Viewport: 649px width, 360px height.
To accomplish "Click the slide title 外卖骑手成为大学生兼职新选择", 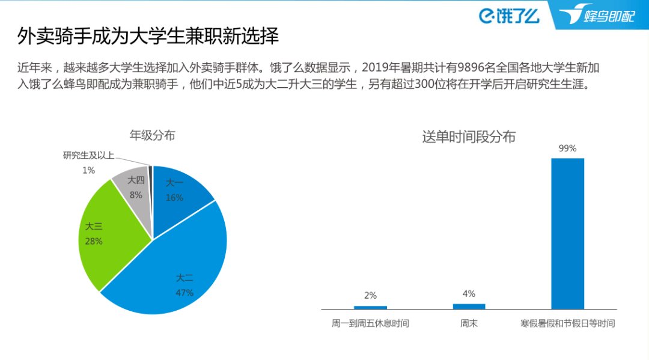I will pyautogui.click(x=148, y=37).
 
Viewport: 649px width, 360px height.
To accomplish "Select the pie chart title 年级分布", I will pyautogui.click(x=153, y=135).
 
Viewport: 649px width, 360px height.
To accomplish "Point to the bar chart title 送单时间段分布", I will pyautogui.click(x=469, y=137).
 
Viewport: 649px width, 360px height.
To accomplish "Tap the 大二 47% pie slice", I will pyautogui.click(x=180, y=270).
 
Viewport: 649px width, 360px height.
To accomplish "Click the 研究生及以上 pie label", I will pyautogui.click(x=88, y=156).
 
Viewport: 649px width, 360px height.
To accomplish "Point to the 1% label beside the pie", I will pyautogui.click(x=88, y=171).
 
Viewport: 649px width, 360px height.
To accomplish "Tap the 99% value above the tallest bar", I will pyautogui.click(x=567, y=148).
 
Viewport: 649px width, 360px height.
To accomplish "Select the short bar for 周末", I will pyautogui.click(x=469, y=306).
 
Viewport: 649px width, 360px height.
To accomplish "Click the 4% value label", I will pyautogui.click(x=469, y=294).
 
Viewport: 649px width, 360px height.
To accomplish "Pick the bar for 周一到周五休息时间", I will pyautogui.click(x=370, y=307).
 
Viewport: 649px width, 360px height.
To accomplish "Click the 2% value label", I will pyautogui.click(x=370, y=296).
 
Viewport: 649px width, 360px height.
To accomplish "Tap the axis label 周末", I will pyautogui.click(x=469, y=323).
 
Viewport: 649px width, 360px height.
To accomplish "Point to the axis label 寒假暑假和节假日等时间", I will pyautogui.click(x=567, y=323).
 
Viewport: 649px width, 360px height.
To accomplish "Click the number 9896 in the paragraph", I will pyautogui.click(x=469, y=67).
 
